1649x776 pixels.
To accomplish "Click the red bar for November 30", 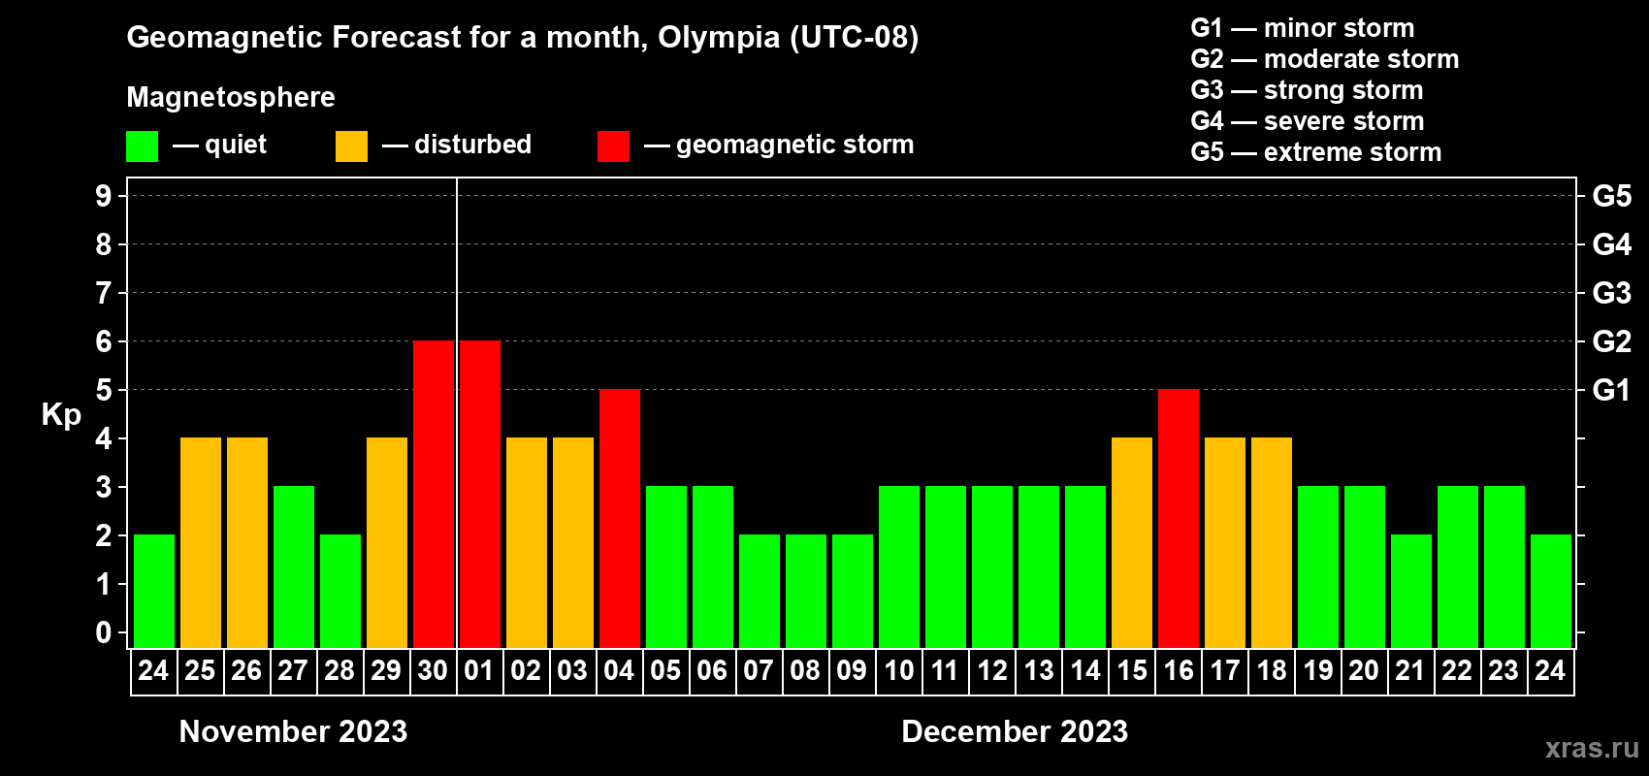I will (x=434, y=494).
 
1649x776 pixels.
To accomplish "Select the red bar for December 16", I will (x=1179, y=518).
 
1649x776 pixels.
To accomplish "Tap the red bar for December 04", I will (x=620, y=518).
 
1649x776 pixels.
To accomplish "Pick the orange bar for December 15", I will (x=1132, y=542).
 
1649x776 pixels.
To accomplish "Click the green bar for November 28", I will (x=340, y=591).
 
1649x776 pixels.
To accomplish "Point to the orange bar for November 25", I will (x=201, y=542).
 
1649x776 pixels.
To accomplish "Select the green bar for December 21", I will (x=1411, y=591).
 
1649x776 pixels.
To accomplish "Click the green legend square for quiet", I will (x=143, y=146).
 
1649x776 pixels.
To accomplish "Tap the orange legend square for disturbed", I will (x=351, y=146).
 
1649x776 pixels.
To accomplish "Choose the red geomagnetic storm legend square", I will (x=613, y=146).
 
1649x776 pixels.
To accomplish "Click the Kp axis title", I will (x=61, y=415).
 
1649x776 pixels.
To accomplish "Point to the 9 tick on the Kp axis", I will (x=104, y=196).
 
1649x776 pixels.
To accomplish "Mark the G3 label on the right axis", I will (x=1611, y=293).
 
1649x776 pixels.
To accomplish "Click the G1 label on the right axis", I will (x=1611, y=390).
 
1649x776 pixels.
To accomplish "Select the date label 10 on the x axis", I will (x=899, y=671).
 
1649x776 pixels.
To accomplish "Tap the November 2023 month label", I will (x=293, y=731).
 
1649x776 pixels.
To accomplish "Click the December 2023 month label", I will (x=1015, y=731).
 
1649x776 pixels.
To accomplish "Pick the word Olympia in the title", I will (x=719, y=38).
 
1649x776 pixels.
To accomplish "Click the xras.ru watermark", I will (x=1592, y=748).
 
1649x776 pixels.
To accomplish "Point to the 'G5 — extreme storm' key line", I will (x=1315, y=152).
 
